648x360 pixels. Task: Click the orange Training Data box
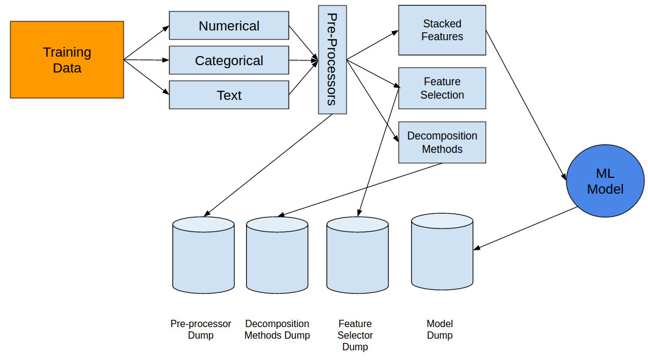67,60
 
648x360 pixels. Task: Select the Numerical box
229,26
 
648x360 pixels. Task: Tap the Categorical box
229,60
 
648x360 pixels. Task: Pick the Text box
229,95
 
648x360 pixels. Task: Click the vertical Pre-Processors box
333,60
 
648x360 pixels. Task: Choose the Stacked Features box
442,30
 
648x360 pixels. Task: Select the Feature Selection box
442,88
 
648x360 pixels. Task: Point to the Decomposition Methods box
442,142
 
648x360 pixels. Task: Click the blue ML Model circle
605,181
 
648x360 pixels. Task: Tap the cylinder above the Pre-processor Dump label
203,255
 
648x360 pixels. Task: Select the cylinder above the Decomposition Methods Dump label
277,255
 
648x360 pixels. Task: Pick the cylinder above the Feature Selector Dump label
357,255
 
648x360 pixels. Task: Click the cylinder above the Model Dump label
442,252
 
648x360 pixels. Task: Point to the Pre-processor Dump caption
201,330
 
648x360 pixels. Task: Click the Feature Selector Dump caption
355,335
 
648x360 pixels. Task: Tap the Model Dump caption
440,330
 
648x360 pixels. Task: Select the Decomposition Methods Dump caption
277,330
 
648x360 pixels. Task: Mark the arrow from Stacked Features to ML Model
526,105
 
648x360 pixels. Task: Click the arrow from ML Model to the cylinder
525,228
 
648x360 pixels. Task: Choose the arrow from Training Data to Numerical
147,43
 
